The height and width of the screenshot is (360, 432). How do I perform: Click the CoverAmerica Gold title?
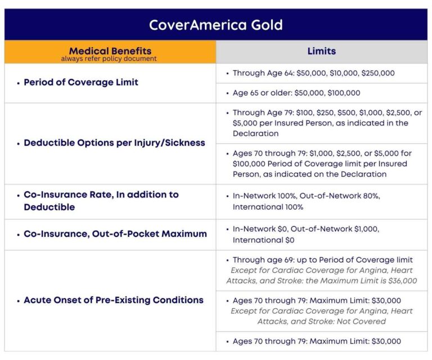pyautogui.click(x=215, y=25)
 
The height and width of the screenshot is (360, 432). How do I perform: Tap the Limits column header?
pyautogui.click(x=321, y=51)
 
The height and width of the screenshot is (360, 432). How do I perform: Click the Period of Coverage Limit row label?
pyautogui.click(x=80, y=82)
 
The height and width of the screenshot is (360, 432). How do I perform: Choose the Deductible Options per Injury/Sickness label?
pyautogui.click(x=114, y=143)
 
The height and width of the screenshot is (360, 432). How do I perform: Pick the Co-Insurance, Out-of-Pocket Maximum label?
pyautogui.click(x=115, y=233)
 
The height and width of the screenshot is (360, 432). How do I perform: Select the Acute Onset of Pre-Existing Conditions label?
pyautogui.click(x=113, y=300)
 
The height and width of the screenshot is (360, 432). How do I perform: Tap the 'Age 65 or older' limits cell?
pyautogui.click(x=296, y=93)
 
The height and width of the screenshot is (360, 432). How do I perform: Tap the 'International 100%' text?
pyautogui.click(x=268, y=207)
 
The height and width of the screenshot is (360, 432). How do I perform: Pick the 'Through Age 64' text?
pyautogui.click(x=262, y=73)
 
